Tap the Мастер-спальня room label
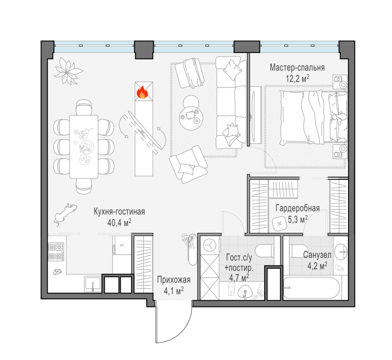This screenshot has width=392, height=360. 297,68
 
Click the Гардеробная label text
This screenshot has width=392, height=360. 298,209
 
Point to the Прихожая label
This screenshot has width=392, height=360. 173,280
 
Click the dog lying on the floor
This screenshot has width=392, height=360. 65,214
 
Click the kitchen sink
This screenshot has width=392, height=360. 93,284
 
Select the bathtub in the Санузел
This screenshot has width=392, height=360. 312,288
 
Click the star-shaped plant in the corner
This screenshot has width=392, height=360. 68,71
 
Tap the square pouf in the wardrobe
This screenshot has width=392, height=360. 280,223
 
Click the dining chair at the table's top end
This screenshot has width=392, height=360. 84,107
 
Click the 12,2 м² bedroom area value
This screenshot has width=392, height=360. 297,79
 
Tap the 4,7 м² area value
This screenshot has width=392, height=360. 239,278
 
